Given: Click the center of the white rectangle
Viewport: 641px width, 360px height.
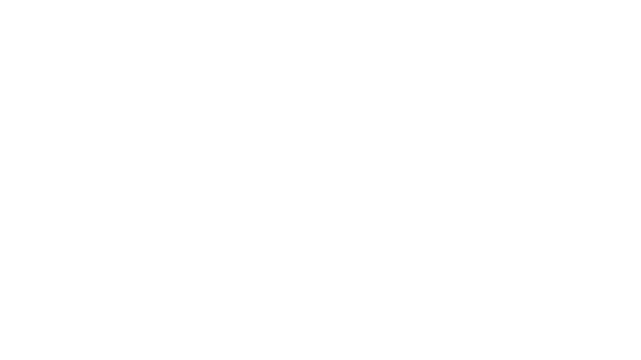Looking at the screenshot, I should [x=184, y=177].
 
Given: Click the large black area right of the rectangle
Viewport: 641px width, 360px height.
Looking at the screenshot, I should [x=473, y=180].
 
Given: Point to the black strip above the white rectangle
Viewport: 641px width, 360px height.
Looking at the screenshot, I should [x=184, y=24].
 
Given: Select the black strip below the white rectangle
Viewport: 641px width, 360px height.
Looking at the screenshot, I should [x=184, y=333].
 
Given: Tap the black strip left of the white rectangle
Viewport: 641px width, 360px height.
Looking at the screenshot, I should [x=30, y=177].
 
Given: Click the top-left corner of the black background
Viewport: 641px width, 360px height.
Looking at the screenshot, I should [x=1, y=1].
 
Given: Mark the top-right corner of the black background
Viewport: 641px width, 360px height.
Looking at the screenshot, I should [x=639, y=1].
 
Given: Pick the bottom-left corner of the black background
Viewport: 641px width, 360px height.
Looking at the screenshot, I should [x=1, y=358].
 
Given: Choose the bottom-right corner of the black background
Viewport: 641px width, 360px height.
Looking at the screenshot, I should [x=639, y=358].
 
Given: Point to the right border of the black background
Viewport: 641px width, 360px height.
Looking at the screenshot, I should [x=639, y=180].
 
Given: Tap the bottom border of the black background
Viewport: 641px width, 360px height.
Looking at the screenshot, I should [x=320, y=358].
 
